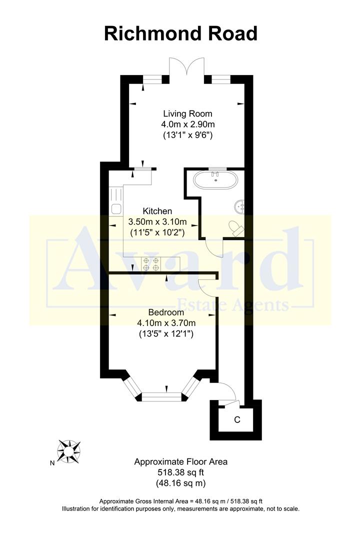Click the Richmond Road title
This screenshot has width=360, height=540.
(x=180, y=33)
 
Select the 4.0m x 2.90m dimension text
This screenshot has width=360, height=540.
(x=187, y=124)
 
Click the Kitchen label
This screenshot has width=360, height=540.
(x=157, y=211)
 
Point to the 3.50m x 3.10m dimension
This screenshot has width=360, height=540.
(x=157, y=221)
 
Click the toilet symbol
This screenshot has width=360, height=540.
(x=235, y=228)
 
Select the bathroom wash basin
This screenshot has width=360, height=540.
(x=240, y=205)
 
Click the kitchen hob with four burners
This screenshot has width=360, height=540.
(x=151, y=263)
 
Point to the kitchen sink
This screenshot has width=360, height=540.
(x=115, y=210)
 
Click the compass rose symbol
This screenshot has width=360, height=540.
(x=69, y=451)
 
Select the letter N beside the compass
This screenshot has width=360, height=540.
(x=52, y=463)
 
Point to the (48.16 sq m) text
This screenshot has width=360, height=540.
(x=180, y=483)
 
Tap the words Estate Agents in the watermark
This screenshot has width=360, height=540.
(x=233, y=305)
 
